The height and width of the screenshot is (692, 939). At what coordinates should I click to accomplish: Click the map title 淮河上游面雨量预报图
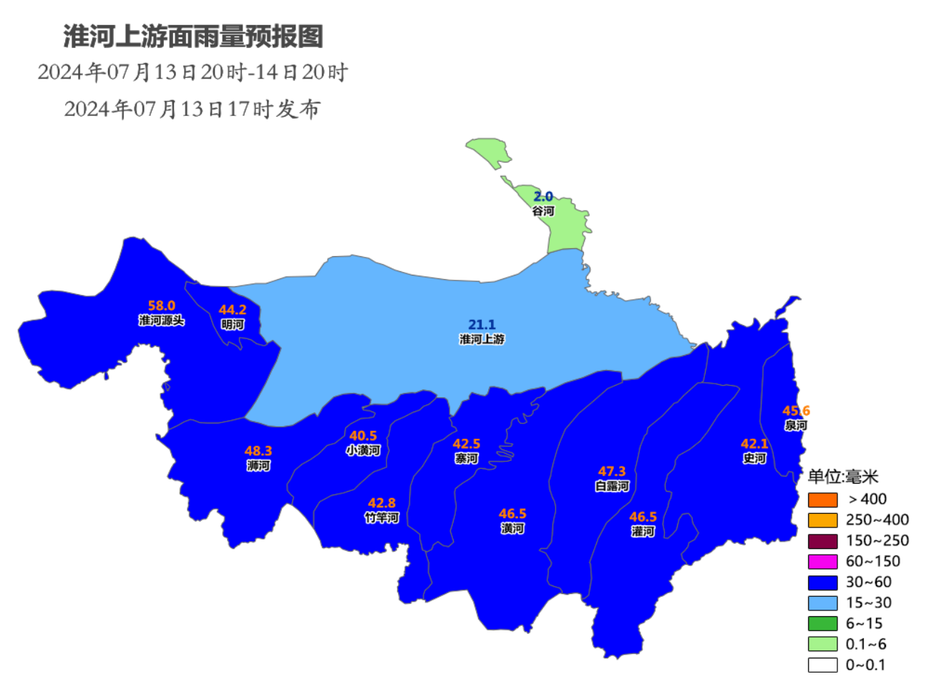[x=193, y=36]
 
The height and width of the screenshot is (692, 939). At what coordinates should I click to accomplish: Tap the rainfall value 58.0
[x=162, y=306]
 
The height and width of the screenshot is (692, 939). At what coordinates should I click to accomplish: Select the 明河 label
[x=233, y=325]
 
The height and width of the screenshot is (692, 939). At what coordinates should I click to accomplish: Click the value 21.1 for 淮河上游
[x=482, y=325]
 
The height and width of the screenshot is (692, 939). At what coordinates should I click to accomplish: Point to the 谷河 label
[x=543, y=211]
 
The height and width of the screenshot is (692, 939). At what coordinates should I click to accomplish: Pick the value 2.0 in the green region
[x=543, y=196]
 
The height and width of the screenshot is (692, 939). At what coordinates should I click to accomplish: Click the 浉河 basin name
[x=258, y=466]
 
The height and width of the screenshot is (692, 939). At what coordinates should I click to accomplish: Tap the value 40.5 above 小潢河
[x=363, y=436]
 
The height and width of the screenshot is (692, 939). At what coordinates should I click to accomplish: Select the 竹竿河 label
[x=381, y=517]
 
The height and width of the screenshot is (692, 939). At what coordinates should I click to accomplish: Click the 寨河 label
[x=467, y=459]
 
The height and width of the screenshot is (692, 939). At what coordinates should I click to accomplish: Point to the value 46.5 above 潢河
[x=512, y=514]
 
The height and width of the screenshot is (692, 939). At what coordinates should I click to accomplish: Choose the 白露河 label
[x=612, y=486]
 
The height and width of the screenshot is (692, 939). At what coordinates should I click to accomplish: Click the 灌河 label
[x=643, y=532]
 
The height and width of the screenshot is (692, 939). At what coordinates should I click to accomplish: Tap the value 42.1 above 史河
[x=754, y=444]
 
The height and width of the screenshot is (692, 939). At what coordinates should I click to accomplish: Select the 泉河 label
[x=796, y=425]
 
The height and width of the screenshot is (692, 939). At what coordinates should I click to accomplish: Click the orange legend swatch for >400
[x=822, y=499]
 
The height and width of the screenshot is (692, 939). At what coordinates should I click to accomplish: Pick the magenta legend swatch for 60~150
[x=822, y=562]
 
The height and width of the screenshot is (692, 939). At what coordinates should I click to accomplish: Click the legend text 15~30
[x=869, y=603]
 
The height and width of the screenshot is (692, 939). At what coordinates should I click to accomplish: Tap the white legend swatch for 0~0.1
[x=822, y=665]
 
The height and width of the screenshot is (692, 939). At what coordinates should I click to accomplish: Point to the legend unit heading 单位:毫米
[x=842, y=477]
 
